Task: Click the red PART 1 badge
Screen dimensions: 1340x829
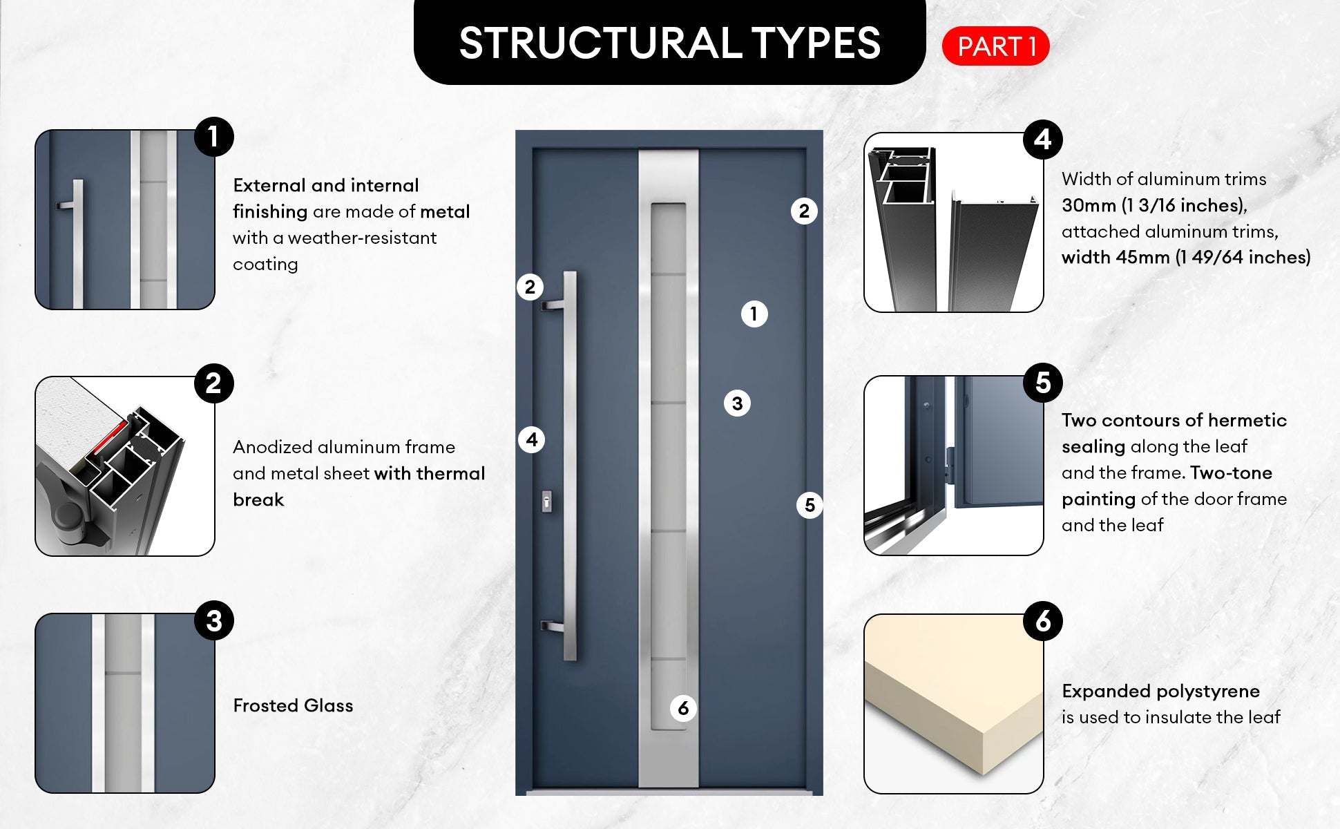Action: pos(995,46)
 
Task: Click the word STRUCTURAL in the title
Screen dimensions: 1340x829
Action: pos(600,43)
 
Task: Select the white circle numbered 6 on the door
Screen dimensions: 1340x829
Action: pos(683,708)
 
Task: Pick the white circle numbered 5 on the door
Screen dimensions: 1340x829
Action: pos(810,506)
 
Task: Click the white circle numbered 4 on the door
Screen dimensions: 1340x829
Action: pos(531,439)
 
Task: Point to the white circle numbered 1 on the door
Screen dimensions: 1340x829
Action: pos(754,314)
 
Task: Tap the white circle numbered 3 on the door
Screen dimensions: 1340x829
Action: pos(737,403)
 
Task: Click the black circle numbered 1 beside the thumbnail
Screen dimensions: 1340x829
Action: pos(214,137)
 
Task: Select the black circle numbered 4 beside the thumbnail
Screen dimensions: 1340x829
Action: pos(1043,140)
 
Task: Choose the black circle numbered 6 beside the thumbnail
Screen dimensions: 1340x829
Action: pos(1043,621)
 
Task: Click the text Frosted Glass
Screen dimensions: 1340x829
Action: pos(293,705)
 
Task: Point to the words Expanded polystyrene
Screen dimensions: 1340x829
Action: pos(1160,691)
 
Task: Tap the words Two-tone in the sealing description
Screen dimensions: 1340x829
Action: pos(1232,473)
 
